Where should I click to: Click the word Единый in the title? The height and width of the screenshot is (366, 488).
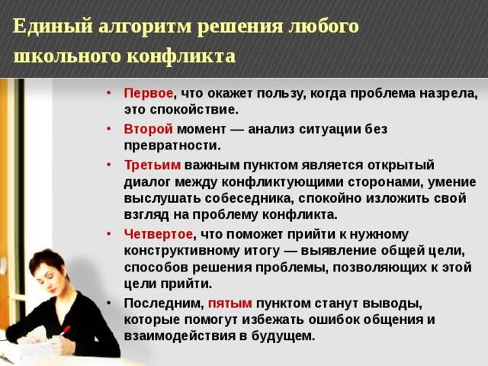[53, 26]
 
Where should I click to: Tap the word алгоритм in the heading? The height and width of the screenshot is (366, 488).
[146, 27]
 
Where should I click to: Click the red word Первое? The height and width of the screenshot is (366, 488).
[148, 93]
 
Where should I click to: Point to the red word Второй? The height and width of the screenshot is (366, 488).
[148, 129]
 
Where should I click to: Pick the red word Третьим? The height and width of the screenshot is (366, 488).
[152, 165]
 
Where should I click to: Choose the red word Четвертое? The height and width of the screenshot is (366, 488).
[158, 234]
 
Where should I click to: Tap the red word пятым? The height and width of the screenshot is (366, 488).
[230, 303]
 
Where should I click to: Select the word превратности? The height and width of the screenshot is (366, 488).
[172, 146]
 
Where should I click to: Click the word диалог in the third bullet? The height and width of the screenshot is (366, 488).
[147, 182]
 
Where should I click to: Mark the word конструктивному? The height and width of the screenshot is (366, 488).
[181, 251]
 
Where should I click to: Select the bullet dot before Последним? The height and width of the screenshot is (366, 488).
[108, 303]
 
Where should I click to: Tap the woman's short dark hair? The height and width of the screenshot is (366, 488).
[47, 262]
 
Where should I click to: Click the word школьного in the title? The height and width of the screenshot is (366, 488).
[67, 56]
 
